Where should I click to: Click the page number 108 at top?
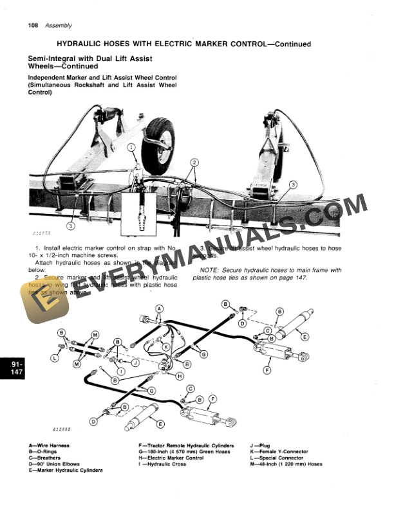coord(33,26)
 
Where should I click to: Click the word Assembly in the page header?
coord(59,26)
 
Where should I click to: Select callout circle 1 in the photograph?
coord(131,148)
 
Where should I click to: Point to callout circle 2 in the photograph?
coord(194,164)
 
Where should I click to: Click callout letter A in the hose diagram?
coord(158,308)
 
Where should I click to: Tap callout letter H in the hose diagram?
coord(180,375)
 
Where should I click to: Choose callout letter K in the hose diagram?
coord(165,346)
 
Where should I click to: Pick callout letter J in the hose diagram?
coord(136,362)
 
